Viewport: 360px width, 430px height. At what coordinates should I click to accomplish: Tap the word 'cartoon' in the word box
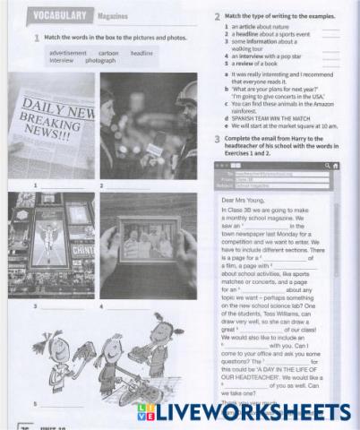pos(108,54)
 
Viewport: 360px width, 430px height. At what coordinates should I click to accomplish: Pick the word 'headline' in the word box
pos(141,54)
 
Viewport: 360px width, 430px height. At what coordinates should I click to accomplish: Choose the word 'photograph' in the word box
pos(99,61)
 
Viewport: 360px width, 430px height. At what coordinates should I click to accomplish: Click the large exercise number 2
pos(217,17)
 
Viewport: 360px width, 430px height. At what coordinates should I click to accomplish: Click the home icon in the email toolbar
pos(335,166)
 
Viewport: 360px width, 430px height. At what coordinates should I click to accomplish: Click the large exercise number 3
pos(217,140)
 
